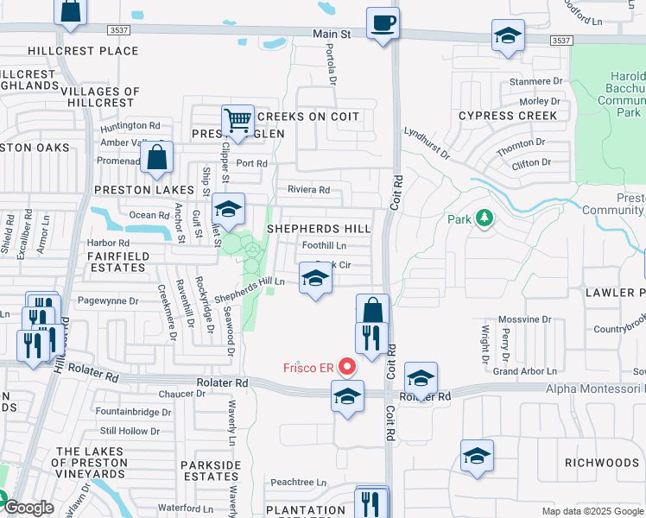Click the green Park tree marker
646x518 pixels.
[484, 218]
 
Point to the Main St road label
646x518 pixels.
[332, 35]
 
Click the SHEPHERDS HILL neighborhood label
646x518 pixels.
[319, 229]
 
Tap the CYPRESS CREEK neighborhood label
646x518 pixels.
[496, 116]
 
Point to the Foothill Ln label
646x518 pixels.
[324, 245]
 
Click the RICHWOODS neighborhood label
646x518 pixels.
[602, 464]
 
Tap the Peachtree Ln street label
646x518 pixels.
[298, 483]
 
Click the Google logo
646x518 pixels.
[28, 509]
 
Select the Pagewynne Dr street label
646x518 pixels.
[108, 301]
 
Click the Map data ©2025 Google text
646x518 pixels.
[592, 511]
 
